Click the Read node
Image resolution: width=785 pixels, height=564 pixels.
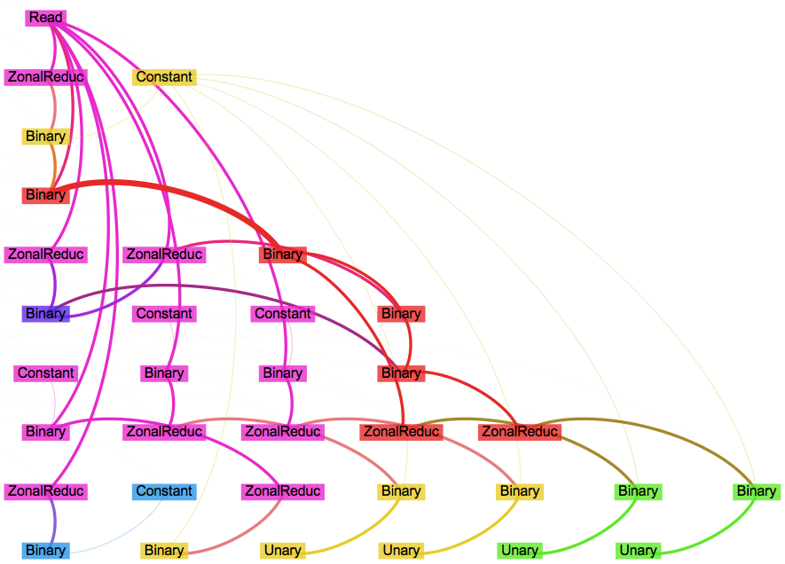(x=45, y=18)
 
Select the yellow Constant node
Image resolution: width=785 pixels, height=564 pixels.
(x=164, y=77)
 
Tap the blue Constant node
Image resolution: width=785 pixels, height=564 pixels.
(x=164, y=491)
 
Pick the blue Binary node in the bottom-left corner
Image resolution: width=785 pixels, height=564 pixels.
(x=45, y=551)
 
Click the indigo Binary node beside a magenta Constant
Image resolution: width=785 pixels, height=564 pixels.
(x=45, y=314)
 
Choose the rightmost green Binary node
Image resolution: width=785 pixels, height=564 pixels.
(x=757, y=491)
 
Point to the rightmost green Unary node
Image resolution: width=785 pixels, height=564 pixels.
(x=638, y=551)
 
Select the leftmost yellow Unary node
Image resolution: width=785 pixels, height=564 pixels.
(x=283, y=551)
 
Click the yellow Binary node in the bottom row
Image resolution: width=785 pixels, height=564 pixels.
(x=164, y=551)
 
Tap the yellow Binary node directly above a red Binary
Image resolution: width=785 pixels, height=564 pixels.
(x=45, y=137)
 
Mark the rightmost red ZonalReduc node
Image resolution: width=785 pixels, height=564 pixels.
(x=520, y=432)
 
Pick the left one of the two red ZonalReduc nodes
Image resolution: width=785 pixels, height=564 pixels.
(x=401, y=432)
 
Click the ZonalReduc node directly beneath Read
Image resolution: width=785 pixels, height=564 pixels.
(x=45, y=77)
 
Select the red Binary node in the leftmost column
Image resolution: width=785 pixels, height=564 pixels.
(x=45, y=195)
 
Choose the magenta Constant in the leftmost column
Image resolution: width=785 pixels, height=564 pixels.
(x=45, y=373)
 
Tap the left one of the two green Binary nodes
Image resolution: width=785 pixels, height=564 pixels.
(x=638, y=491)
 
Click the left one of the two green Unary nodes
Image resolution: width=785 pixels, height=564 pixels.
(x=520, y=551)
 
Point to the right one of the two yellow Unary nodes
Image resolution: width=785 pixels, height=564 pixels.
(x=401, y=551)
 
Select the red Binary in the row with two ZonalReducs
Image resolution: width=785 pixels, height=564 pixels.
(x=283, y=255)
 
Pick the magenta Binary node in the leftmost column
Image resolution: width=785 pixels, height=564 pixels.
(x=45, y=432)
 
